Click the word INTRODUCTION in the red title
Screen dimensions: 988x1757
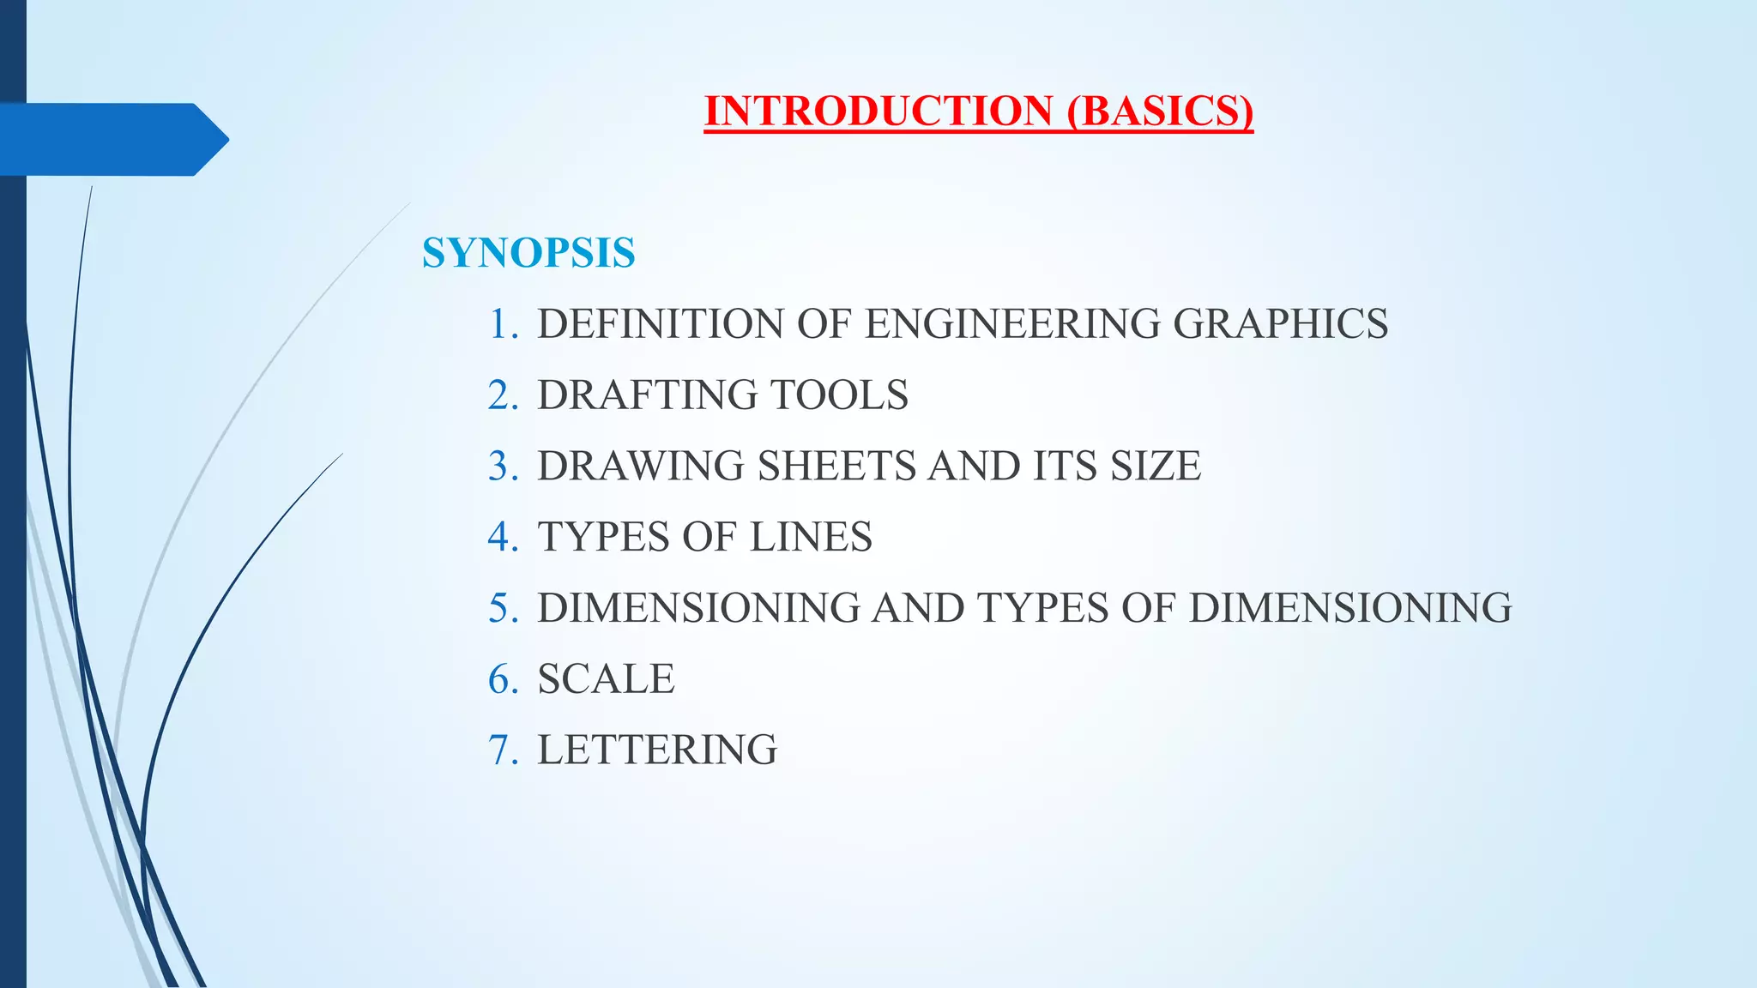878,111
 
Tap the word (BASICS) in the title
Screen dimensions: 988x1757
1161,111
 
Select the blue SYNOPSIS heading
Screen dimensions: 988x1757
528,253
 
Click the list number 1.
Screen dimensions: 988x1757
502,324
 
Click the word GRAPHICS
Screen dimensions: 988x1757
1280,324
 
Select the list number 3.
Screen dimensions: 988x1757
502,467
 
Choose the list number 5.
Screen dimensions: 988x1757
502,608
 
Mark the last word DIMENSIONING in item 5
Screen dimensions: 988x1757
1350,608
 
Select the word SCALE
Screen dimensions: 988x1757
606,679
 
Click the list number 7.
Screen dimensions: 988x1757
502,750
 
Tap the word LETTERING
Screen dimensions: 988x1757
657,750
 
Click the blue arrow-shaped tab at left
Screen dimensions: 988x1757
112,139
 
